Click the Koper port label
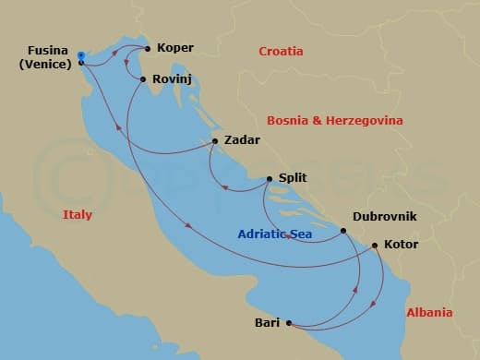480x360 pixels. click(175, 47)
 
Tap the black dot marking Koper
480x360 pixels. click(148, 48)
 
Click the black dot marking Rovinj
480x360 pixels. click(143, 79)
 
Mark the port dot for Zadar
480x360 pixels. click(214, 141)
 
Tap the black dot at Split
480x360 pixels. click(269, 179)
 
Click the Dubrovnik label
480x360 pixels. click(385, 216)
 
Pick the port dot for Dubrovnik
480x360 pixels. click(343, 231)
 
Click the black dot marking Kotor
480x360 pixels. click(374, 246)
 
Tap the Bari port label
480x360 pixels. click(267, 322)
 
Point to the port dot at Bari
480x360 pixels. click(289, 322)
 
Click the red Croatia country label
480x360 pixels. click(282, 52)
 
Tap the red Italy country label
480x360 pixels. click(78, 214)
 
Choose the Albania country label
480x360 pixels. click(429, 313)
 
